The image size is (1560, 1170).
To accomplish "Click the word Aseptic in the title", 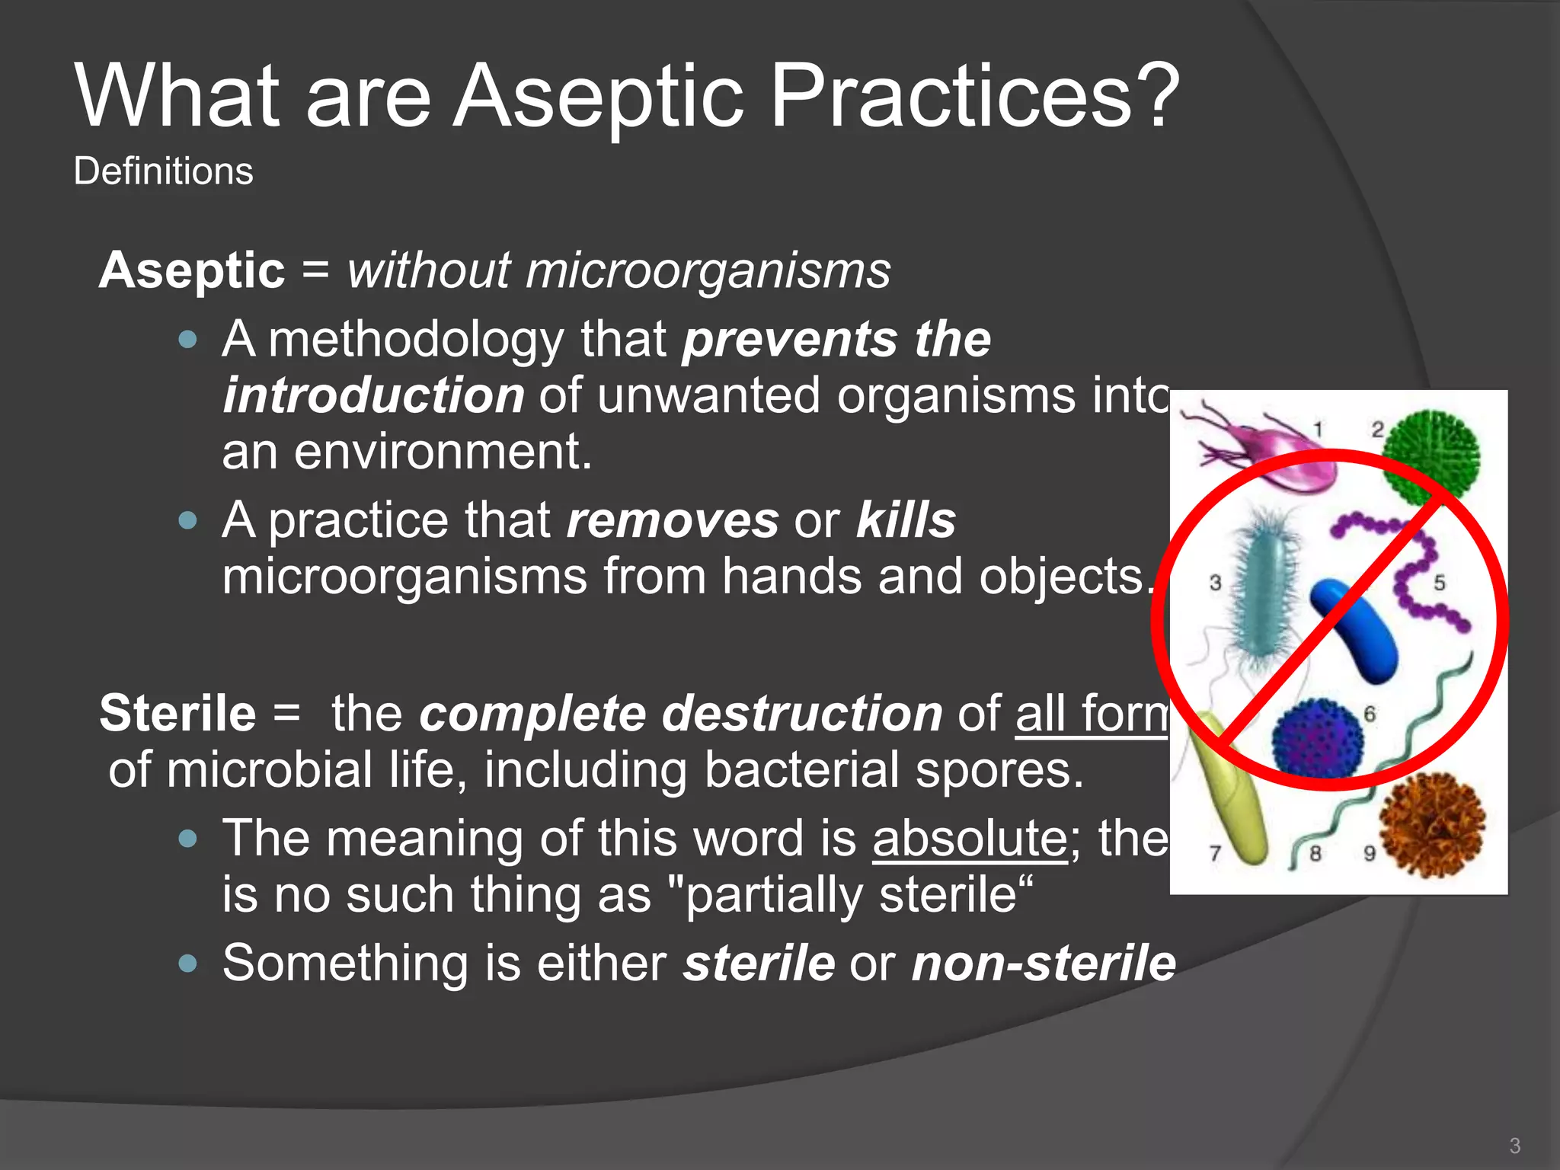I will [x=598, y=97].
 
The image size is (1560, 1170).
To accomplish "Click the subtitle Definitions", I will [x=163, y=171].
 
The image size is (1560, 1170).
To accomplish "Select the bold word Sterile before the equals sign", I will [x=177, y=714].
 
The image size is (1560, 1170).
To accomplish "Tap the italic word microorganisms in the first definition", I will [x=708, y=270].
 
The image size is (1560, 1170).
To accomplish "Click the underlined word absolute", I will [x=970, y=839].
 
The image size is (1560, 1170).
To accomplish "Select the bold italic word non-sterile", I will [x=1044, y=964].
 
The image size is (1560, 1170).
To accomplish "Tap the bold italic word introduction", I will [x=373, y=395].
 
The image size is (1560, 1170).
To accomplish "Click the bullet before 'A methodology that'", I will [x=187, y=339].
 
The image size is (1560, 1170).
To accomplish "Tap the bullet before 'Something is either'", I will [x=187, y=964].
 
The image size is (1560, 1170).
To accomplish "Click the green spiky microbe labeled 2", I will [x=1432, y=457].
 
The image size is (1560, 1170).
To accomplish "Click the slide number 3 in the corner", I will [x=1514, y=1146].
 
